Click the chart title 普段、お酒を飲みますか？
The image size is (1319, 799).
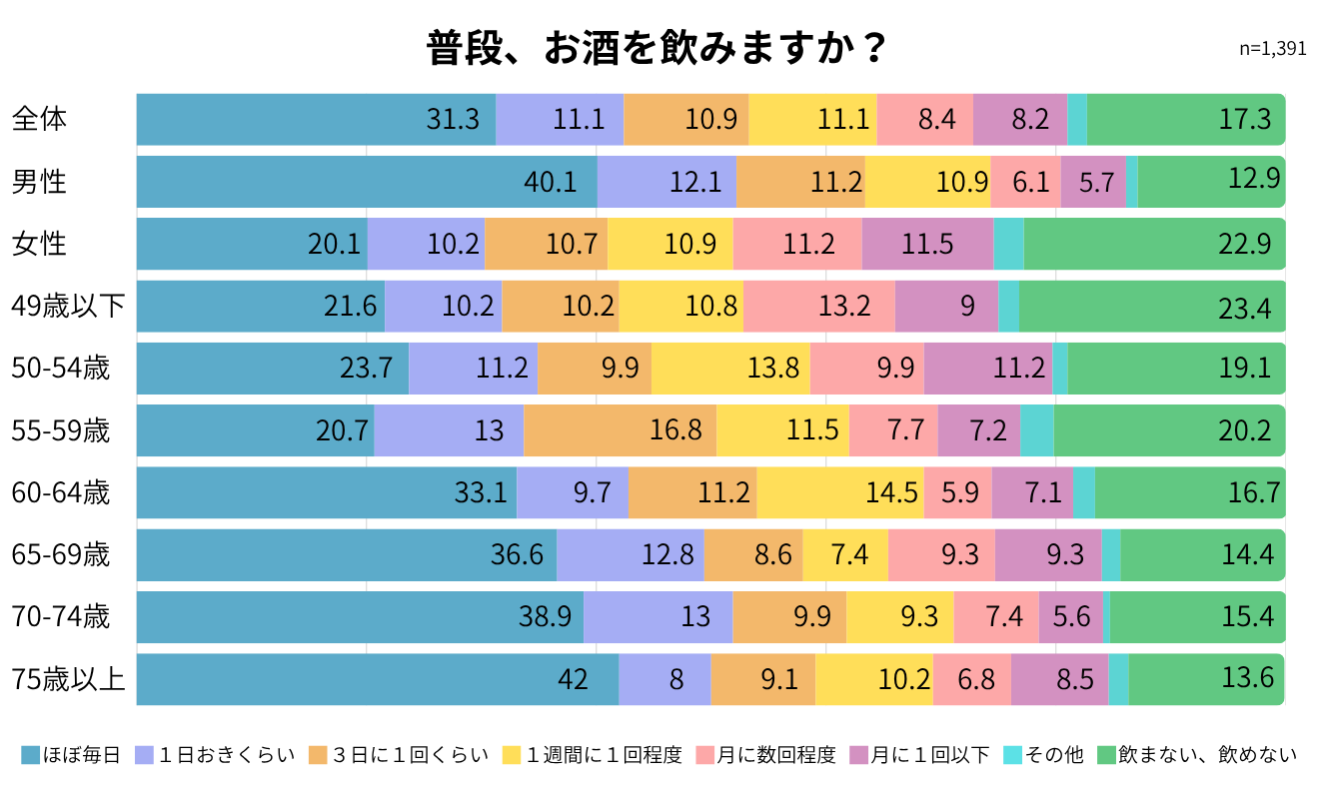click(x=656, y=48)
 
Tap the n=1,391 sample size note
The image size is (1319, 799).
click(x=1272, y=49)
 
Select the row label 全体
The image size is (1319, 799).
click(x=39, y=119)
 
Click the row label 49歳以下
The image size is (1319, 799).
click(x=68, y=306)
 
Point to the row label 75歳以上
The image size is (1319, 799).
click(x=68, y=679)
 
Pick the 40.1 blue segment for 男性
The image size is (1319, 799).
click(x=367, y=182)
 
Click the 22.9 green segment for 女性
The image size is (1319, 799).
click(x=1154, y=244)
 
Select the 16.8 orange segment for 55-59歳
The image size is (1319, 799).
click(x=621, y=430)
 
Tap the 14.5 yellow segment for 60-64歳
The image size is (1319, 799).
click(x=840, y=493)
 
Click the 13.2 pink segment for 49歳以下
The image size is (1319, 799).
click(x=819, y=307)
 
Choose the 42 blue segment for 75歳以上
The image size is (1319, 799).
click(x=378, y=679)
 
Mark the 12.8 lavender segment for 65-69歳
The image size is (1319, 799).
click(x=631, y=555)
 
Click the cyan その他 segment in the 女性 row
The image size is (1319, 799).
click(x=1008, y=244)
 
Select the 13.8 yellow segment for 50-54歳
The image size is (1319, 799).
click(x=730, y=369)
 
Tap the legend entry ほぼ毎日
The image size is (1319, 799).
click(x=71, y=755)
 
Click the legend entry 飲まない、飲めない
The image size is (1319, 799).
click(x=1198, y=755)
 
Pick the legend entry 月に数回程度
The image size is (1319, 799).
click(x=766, y=755)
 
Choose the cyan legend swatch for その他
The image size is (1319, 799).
click(x=1013, y=755)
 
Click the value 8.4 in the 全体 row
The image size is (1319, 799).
click(x=937, y=120)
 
